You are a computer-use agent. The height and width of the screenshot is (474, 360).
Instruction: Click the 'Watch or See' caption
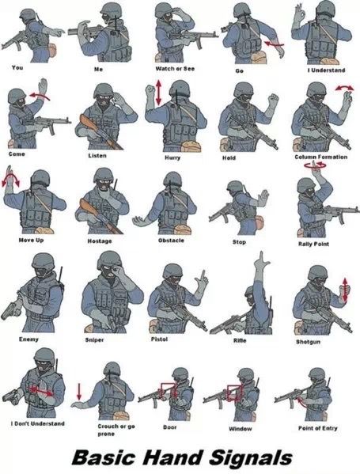(175, 69)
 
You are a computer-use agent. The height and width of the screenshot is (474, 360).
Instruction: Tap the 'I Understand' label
(326, 70)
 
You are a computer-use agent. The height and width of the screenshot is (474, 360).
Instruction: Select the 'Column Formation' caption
(321, 157)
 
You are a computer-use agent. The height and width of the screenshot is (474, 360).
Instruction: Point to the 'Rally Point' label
(313, 244)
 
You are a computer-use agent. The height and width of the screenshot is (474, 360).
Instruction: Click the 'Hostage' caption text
(100, 241)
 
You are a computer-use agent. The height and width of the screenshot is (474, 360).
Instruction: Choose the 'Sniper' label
(94, 339)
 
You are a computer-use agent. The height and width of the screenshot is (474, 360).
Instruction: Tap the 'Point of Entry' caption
(318, 428)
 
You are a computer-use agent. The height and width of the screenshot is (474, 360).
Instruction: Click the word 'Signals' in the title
(251, 457)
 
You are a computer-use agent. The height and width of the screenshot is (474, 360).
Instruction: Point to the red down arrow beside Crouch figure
(79, 392)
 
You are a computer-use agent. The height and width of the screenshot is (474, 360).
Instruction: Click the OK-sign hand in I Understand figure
(298, 12)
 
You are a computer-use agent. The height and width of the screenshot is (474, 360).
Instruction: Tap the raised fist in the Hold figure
(273, 100)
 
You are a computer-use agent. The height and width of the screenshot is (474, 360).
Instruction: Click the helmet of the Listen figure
(104, 89)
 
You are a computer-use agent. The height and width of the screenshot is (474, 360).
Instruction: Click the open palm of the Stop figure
(263, 198)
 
